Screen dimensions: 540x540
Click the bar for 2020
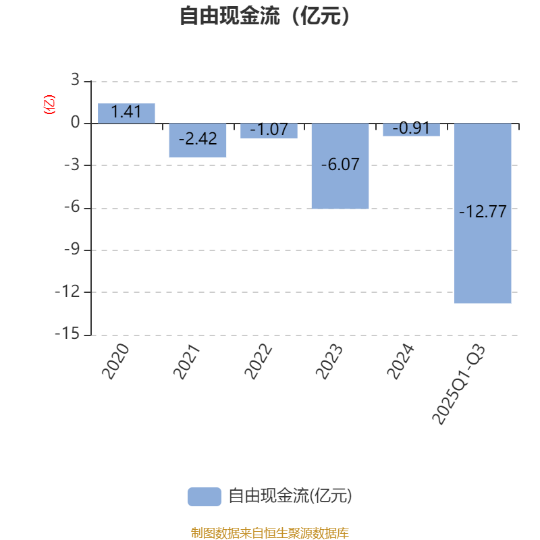click(126, 113)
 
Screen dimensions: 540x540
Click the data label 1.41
click(126, 112)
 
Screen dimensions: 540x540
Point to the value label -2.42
click(198, 139)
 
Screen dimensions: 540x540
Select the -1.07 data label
click(269, 129)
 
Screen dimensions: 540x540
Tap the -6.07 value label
click(340, 163)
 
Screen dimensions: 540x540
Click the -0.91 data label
click(411, 128)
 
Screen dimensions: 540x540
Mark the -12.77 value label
click(483, 212)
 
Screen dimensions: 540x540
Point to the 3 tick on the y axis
click(75, 81)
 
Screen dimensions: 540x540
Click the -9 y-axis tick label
click(71, 250)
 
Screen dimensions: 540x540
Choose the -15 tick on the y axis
click(67, 334)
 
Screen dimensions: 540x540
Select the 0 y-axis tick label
click(75, 124)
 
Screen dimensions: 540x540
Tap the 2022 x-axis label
click(259, 360)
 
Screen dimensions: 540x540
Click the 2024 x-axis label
click(401, 360)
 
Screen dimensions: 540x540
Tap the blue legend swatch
click(204, 496)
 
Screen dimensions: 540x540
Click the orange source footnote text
click(269, 533)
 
